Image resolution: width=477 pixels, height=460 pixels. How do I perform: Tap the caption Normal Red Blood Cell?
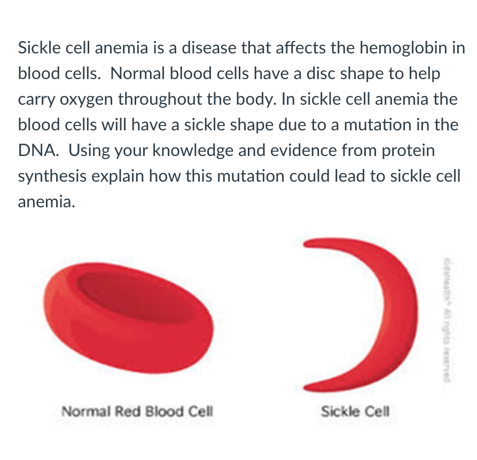137,412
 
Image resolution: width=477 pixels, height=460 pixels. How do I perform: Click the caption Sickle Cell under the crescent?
355,412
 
